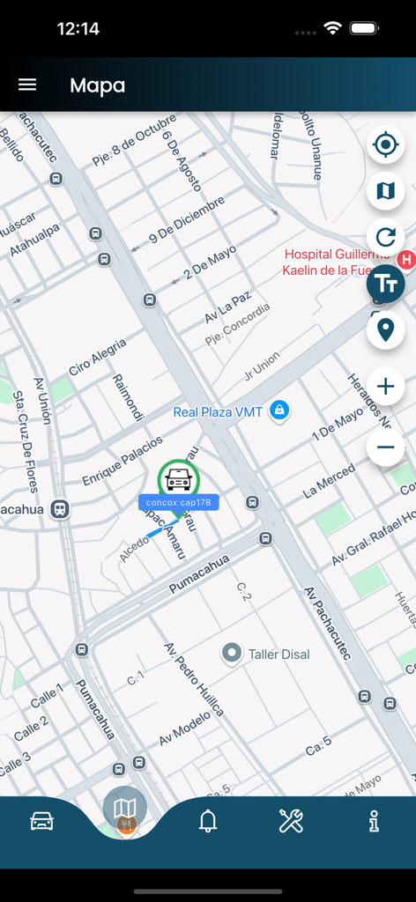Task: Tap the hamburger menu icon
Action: [x=27, y=85]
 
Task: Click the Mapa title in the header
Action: [x=97, y=85]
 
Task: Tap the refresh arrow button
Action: [x=385, y=237]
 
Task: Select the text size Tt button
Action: [x=385, y=284]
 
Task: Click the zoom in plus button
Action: [x=385, y=386]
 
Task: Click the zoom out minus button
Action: [x=385, y=447]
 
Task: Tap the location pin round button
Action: [x=385, y=330]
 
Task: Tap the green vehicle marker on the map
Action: [x=178, y=479]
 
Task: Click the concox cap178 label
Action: [x=178, y=502]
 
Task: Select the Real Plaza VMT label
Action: [x=218, y=411]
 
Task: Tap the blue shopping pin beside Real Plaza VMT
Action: [x=279, y=410]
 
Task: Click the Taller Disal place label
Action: [x=279, y=654]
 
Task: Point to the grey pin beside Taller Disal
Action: [x=232, y=653]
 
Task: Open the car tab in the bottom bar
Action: [x=41, y=821]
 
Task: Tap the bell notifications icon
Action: [x=208, y=821]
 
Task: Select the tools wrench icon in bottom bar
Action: [x=291, y=821]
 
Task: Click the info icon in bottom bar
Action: [x=375, y=821]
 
